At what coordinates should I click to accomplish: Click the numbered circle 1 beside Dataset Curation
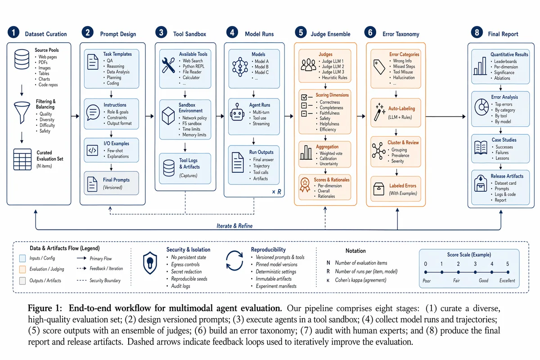tap(13, 32)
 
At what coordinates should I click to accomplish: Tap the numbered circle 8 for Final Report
tap(477, 32)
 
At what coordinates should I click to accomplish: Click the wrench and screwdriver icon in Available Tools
tap(168, 65)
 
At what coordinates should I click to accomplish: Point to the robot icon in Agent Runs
tap(237, 112)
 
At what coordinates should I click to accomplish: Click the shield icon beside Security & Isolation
tap(150, 263)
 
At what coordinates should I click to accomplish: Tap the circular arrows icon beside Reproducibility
tap(234, 261)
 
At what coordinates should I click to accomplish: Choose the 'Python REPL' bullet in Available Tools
tap(193, 66)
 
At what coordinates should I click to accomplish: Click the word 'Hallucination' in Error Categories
tap(404, 78)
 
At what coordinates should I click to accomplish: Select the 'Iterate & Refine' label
tap(234, 226)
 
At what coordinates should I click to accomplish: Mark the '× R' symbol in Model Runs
tap(276, 192)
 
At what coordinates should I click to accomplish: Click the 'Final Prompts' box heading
tap(116, 180)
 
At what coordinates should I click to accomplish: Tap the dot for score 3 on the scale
tap(475, 272)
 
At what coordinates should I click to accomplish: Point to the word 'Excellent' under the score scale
tap(507, 281)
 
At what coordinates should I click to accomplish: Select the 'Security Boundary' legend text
tap(105, 280)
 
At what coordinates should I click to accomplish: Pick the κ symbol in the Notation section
tap(328, 280)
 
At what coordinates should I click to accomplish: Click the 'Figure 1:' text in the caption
tap(45, 308)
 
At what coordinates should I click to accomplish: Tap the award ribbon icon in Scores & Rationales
tap(305, 185)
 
